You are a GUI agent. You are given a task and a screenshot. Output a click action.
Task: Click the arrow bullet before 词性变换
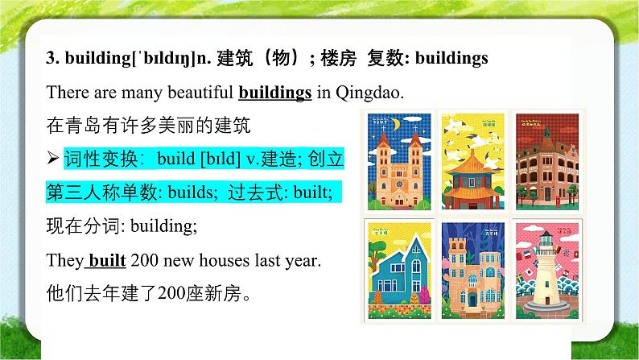click(53, 159)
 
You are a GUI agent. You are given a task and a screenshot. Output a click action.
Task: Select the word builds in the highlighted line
click(191, 193)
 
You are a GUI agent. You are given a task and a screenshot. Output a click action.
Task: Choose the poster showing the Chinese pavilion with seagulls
click(471, 161)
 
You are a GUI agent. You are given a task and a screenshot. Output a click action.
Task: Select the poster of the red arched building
click(545, 161)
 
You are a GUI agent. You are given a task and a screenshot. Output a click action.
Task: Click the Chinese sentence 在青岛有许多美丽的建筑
click(128, 126)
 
